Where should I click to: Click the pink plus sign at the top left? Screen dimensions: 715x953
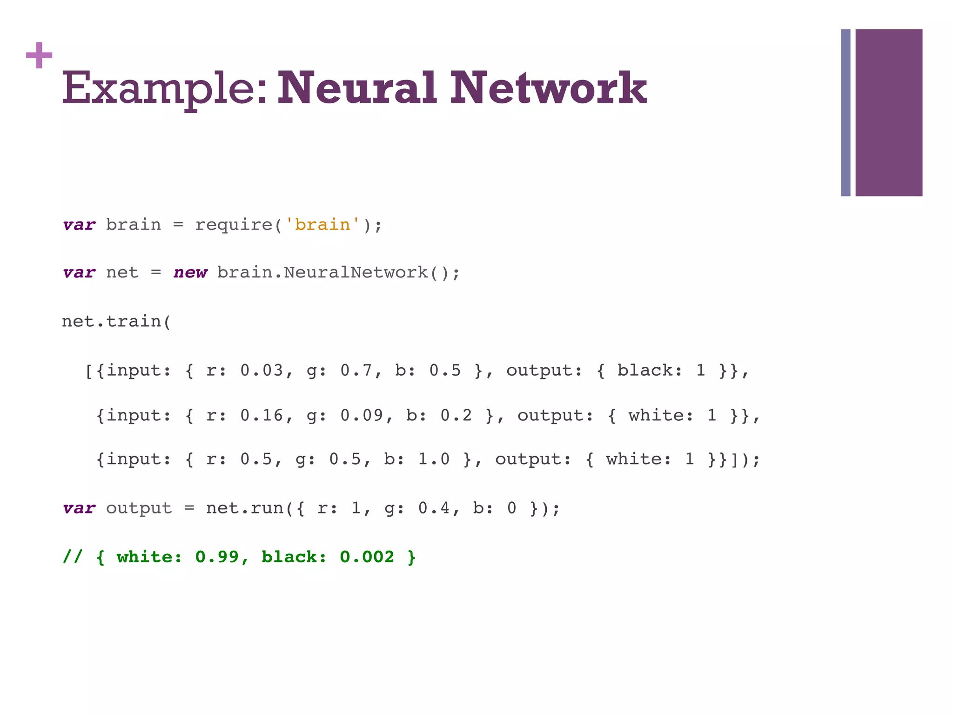(39, 55)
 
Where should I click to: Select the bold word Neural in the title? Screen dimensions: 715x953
(357, 88)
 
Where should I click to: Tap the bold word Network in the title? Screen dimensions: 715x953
(548, 88)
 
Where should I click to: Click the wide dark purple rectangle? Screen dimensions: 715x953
(888, 113)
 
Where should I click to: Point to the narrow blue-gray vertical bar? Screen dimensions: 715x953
(846, 113)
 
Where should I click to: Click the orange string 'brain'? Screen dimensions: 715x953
(322, 225)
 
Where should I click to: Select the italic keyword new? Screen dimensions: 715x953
(190, 272)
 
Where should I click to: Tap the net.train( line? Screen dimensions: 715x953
(116, 322)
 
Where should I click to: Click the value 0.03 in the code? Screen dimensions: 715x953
(262, 371)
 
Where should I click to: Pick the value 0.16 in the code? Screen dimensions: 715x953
(262, 415)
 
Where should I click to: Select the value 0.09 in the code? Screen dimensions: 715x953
(362, 415)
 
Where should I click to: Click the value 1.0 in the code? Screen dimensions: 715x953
(434, 459)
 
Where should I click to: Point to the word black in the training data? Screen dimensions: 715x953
(645, 371)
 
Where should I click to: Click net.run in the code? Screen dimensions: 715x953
(244, 508)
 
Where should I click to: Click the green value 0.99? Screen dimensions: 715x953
(217, 557)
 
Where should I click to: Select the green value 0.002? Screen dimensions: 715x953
(367, 557)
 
